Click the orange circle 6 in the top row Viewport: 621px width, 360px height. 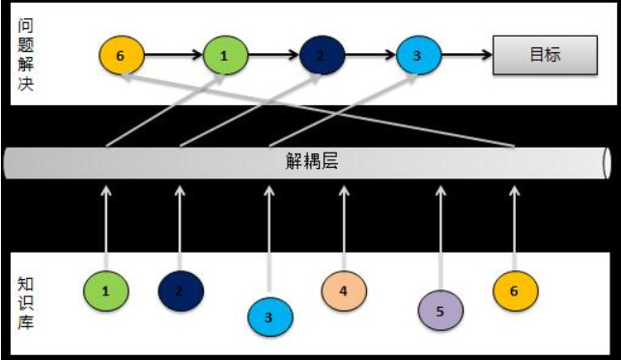[121, 55]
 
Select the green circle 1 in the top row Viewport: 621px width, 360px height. [224, 55]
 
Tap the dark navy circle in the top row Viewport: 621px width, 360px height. [321, 55]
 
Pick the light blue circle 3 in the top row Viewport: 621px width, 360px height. [417, 55]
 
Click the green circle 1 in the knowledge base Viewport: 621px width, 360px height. [105, 290]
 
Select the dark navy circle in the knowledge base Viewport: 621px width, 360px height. [181, 289]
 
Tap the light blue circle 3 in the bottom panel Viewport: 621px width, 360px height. [269, 315]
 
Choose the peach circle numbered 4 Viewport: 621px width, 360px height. [343, 289]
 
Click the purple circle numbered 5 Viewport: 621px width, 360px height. [439, 311]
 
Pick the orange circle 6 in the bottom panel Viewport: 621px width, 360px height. [514, 289]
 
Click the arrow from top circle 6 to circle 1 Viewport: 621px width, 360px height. [172, 55]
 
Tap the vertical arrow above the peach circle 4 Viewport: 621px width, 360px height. [343, 223]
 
